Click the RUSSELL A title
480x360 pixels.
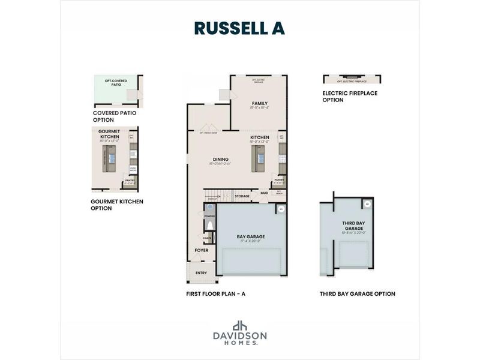pos(239,28)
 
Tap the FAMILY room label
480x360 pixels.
pos(259,103)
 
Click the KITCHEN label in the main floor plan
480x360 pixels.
pos(260,137)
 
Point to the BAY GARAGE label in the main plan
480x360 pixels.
pos(251,236)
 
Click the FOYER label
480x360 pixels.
pos(202,250)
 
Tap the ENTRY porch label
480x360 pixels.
pos(200,272)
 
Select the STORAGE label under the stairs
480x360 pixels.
pos(242,196)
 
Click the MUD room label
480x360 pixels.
pos(264,193)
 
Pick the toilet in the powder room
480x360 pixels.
pos(209,225)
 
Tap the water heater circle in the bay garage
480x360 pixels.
pos(280,209)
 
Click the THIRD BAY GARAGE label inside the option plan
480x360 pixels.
pos(353,225)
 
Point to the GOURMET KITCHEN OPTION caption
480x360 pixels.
pos(117,205)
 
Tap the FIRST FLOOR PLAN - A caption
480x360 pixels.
pos(216,294)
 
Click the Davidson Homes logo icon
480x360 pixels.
pos(240,326)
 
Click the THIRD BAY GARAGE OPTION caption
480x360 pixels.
pos(358,294)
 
